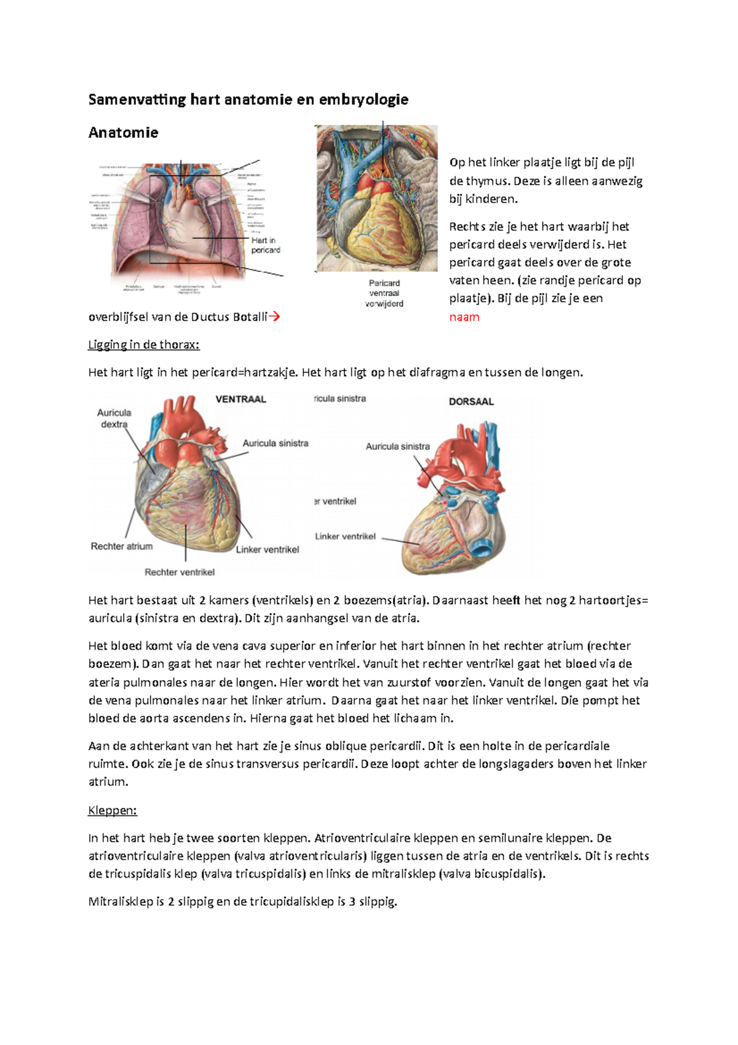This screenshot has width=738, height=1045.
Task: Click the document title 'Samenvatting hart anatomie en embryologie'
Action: pyautogui.click(x=248, y=100)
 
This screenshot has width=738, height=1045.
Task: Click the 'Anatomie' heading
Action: pyautogui.click(x=123, y=133)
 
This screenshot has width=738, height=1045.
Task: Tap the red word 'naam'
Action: pyautogui.click(x=464, y=318)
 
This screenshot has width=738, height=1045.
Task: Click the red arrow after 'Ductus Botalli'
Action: pyautogui.click(x=275, y=317)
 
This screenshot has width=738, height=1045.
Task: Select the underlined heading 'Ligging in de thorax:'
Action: pyautogui.click(x=144, y=345)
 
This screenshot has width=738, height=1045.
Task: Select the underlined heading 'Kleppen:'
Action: pyautogui.click(x=113, y=811)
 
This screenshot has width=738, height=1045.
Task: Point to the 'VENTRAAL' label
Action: pyautogui.click(x=240, y=399)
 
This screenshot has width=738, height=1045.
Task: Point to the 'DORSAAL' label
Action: pyautogui.click(x=471, y=402)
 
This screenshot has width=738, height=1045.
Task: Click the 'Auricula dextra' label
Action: pyautogui.click(x=114, y=418)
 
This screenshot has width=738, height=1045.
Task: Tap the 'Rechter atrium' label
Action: pyautogui.click(x=122, y=547)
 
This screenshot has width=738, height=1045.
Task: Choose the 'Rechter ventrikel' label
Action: pyautogui.click(x=180, y=572)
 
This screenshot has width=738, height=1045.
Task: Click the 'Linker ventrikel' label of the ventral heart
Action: pyautogui.click(x=268, y=550)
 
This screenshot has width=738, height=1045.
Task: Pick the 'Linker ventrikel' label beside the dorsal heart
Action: pyautogui.click(x=345, y=537)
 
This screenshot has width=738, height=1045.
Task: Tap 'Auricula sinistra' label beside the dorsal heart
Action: pyautogui.click(x=398, y=447)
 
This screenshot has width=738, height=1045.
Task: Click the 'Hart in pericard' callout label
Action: pyautogui.click(x=265, y=245)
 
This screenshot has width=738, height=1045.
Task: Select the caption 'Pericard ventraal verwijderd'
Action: pyautogui.click(x=384, y=294)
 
